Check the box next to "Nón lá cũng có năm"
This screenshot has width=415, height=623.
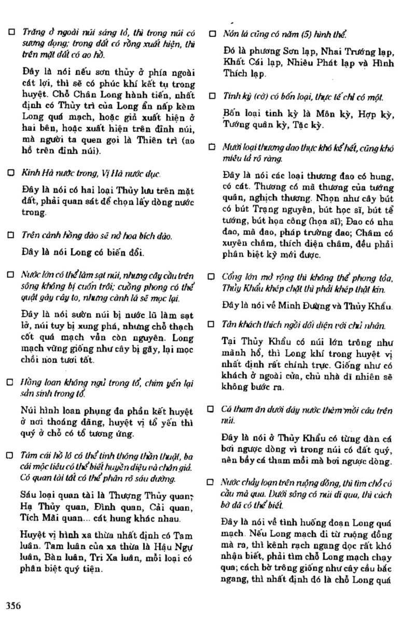click(x=212, y=34)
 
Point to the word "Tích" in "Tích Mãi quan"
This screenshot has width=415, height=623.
click(x=33, y=519)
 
